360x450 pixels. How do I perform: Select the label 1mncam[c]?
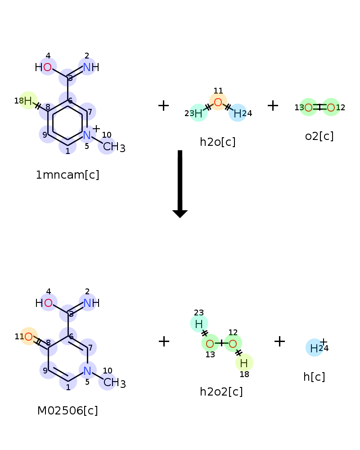67,175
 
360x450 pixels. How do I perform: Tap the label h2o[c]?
218,142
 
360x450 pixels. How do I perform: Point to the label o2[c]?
319,136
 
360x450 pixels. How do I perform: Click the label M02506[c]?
67,410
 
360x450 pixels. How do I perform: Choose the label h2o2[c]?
221,391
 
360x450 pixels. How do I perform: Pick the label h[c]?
314,377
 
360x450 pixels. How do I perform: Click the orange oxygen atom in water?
218,102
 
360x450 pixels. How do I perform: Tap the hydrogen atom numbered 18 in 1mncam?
28,100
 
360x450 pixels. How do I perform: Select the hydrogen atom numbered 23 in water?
198,113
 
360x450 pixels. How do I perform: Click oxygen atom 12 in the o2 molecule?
331,107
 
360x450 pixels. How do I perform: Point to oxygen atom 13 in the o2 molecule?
308,107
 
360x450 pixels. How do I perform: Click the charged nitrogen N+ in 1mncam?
87,134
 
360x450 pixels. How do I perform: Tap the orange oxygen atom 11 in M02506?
28,336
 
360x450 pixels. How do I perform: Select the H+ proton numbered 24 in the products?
314,347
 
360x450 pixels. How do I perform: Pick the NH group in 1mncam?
90,67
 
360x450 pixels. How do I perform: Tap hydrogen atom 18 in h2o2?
244,362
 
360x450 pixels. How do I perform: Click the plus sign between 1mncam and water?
163,106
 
